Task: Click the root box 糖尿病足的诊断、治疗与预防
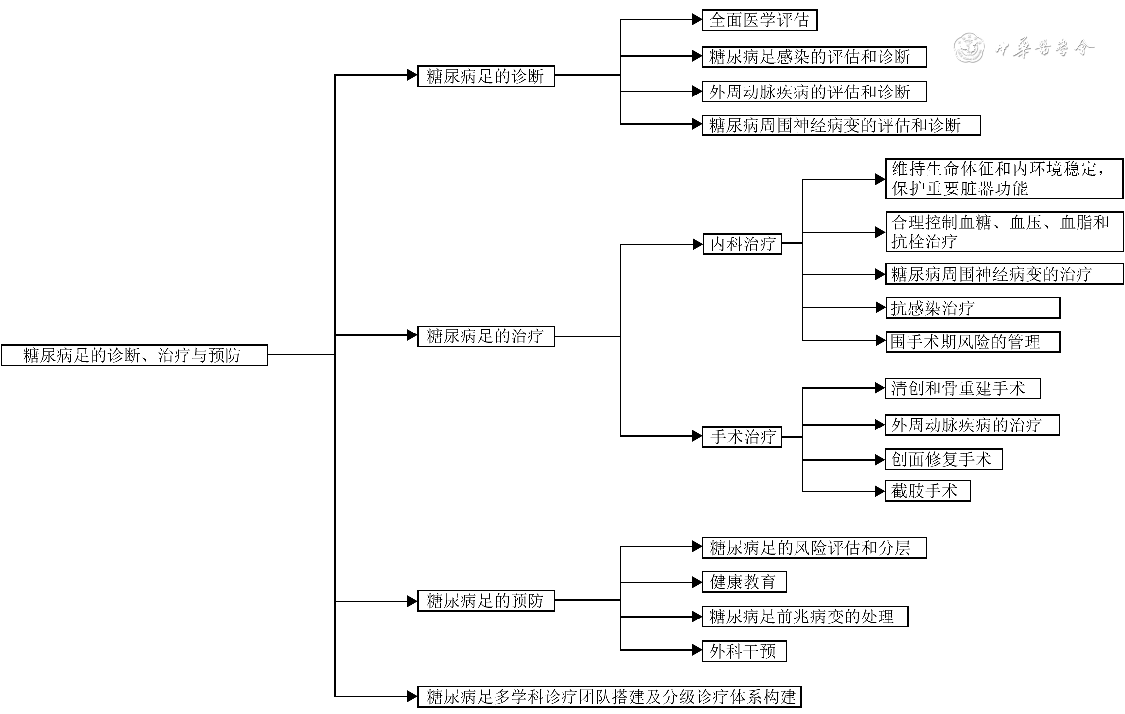click(134, 355)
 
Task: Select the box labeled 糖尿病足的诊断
click(485, 76)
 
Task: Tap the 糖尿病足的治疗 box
click(485, 336)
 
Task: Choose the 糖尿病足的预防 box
click(485, 601)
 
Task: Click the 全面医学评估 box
click(759, 20)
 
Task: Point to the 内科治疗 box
click(742, 244)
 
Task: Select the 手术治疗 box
click(742, 437)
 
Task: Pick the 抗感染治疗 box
click(972, 308)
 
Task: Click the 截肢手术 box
click(927, 491)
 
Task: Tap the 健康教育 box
click(744, 582)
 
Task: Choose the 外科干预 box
click(744, 651)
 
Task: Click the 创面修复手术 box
click(943, 459)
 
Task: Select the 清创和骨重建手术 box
click(962, 388)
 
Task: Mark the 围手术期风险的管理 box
click(972, 342)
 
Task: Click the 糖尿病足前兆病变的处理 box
click(805, 617)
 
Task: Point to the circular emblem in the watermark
click(969, 48)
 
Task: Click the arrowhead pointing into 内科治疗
click(698, 244)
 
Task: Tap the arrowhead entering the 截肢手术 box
click(880, 491)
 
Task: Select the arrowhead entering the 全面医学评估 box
click(698, 20)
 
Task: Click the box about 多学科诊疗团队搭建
click(609, 697)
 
